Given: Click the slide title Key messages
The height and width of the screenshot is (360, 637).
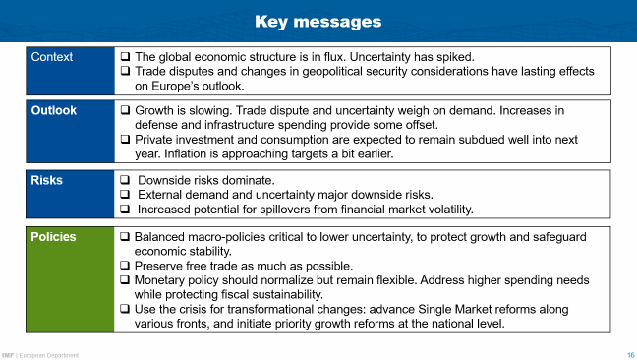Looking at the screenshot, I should point(318,20).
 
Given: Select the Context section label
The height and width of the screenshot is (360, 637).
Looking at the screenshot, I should point(51,57).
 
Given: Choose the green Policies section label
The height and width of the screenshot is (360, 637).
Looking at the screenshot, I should point(54,237).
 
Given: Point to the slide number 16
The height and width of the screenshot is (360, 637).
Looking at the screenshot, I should point(630,354).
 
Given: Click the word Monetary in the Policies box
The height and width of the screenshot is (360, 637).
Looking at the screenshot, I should point(163,280).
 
